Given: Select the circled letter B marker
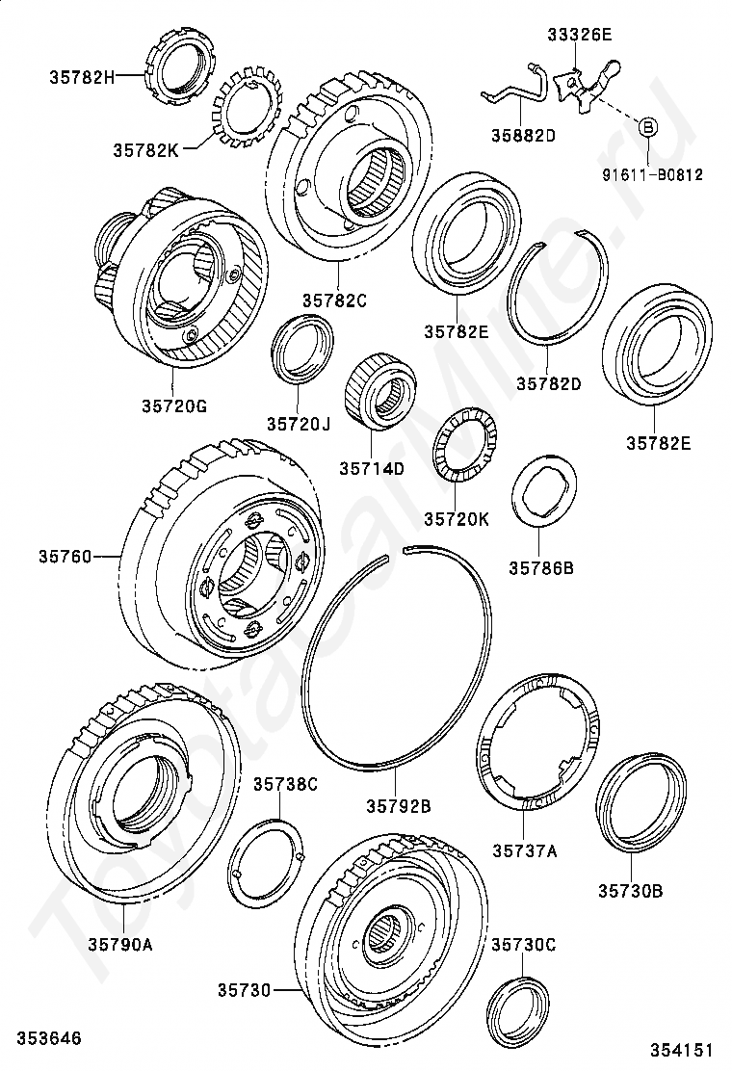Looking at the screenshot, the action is (648, 126).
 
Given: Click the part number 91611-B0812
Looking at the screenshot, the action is (653, 175).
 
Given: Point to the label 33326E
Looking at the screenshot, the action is (580, 36).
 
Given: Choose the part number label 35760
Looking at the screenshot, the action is (65, 556).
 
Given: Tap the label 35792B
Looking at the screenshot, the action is (398, 804).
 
